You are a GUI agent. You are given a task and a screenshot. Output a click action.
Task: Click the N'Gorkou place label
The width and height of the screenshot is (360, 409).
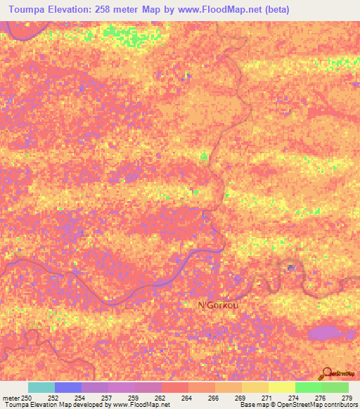pyautogui.click(x=220, y=306)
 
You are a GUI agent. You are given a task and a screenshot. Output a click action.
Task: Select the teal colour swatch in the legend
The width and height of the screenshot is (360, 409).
pyautogui.click(x=41, y=387)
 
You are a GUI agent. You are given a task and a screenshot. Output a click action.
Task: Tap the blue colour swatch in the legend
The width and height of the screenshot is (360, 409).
pyautogui.click(x=68, y=387)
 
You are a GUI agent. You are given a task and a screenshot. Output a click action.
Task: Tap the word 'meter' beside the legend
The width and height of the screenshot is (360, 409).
pyautogui.click(x=11, y=398)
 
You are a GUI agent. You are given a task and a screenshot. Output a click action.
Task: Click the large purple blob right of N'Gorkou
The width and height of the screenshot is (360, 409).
pyautogui.click(x=325, y=333)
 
